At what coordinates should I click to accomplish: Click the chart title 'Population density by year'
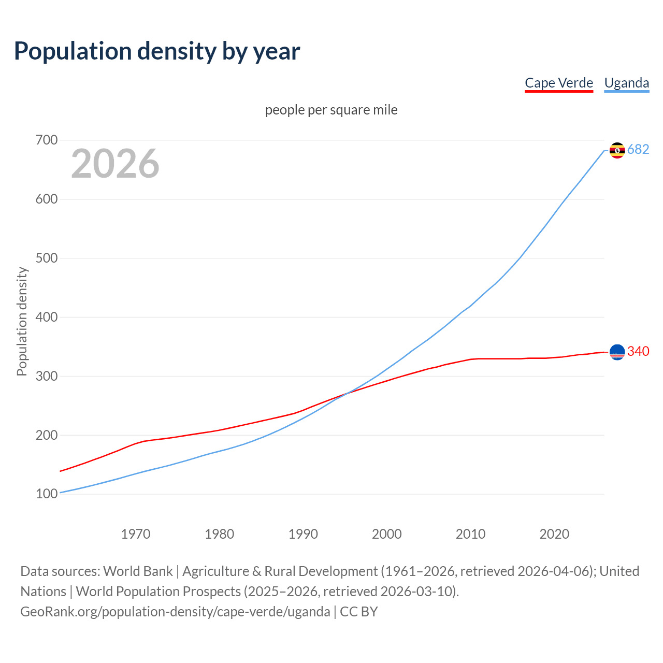point(157,51)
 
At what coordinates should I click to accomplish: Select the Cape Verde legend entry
point(558,83)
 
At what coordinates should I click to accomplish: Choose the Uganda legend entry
point(626,83)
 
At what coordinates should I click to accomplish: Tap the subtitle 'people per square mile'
point(331,110)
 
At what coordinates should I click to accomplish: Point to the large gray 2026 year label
point(115,164)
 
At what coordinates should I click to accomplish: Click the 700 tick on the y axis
point(47,140)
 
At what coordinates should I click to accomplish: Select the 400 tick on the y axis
point(47,317)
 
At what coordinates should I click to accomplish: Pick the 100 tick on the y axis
point(47,494)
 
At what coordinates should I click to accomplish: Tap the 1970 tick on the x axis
point(136,534)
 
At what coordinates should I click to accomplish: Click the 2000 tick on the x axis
point(386,534)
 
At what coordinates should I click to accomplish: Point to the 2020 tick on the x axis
point(554,534)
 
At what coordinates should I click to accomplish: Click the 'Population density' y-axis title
point(22,321)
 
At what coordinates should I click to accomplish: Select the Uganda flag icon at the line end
point(617,150)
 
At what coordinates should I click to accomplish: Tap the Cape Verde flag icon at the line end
point(617,352)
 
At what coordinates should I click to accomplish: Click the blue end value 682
point(638,150)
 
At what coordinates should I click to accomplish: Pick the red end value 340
point(638,352)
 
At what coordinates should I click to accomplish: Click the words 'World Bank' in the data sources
point(138,571)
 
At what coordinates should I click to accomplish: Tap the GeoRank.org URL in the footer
point(175,612)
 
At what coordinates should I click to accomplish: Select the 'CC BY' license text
point(359,612)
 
